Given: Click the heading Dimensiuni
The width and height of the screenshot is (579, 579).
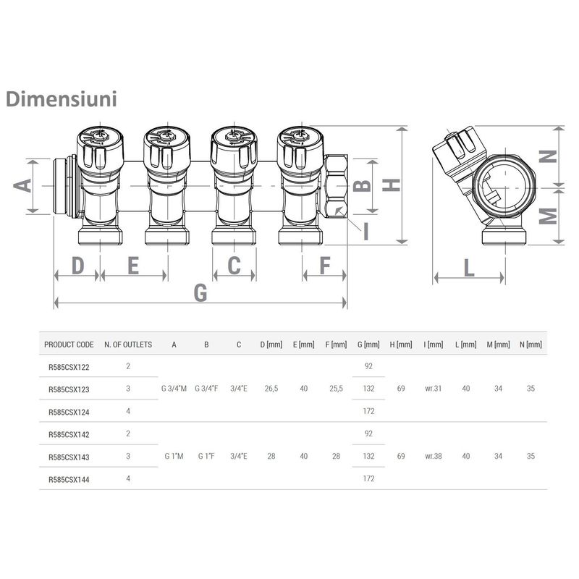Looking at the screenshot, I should point(61,98).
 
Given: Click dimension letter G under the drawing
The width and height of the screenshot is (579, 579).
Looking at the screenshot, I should point(200,293).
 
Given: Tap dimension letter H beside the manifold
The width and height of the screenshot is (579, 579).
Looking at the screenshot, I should point(392,185).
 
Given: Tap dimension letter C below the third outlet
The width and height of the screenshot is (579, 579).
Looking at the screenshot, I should point(234,266).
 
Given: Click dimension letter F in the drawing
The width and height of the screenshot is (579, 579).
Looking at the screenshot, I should point(324,266).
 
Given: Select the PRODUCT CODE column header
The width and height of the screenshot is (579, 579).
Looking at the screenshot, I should point(69,345).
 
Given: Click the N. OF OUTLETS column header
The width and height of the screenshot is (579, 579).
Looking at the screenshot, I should point(128,345).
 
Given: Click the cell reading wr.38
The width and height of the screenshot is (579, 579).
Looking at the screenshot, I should point(434,457).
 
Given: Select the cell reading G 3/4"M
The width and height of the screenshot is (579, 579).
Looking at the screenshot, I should point(174,389).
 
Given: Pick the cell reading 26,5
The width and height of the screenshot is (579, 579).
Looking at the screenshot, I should point(271,389).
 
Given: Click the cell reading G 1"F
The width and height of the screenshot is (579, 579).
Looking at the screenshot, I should point(206,457).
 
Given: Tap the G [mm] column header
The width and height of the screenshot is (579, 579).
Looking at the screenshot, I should point(368,345).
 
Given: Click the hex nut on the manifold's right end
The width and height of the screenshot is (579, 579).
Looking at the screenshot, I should point(335,186).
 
